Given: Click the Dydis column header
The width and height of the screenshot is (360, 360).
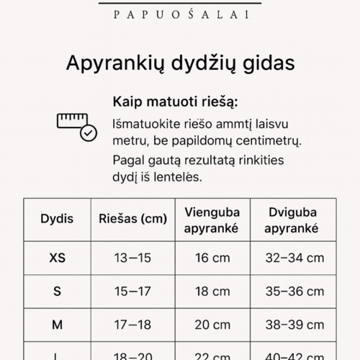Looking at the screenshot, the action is pos(57,219).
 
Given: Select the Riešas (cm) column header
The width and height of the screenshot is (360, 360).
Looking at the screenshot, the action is pos(132,219).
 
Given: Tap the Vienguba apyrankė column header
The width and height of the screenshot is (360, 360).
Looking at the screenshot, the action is pos(212,220).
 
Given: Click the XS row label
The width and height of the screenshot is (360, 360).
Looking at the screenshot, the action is pos(57,258).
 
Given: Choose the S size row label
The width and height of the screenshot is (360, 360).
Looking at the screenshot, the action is pos(57,291).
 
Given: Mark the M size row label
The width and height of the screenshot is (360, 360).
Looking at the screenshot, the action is pos(57,325).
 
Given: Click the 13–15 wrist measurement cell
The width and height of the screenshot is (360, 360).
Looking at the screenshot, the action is pos(132,258).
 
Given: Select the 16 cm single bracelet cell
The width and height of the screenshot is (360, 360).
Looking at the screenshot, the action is pos(212,258).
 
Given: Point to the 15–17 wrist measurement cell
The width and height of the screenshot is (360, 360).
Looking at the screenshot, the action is pos(132,291).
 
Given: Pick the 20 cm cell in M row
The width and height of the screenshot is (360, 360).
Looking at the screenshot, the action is pos(212,325).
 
